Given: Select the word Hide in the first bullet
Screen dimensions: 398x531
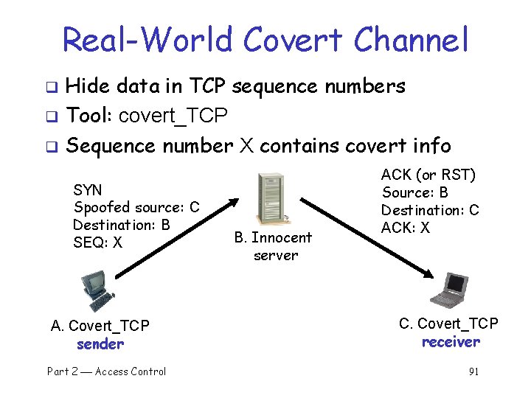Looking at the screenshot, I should pyautogui.click(x=88, y=86).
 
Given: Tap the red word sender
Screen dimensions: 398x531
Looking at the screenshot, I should pyautogui.click(x=100, y=344).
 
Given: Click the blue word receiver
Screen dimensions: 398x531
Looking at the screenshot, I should pyautogui.click(x=451, y=342).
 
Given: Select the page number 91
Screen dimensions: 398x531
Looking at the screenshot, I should pyautogui.click(x=473, y=371).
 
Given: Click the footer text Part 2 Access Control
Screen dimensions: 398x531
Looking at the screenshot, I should pyautogui.click(x=107, y=371).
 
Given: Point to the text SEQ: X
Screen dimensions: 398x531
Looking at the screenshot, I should pyautogui.click(x=98, y=242).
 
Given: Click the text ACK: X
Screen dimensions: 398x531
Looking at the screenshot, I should pyautogui.click(x=406, y=228).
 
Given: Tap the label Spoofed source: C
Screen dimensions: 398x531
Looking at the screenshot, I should pyautogui.click(x=136, y=207).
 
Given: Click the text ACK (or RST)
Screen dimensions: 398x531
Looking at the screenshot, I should pyautogui.click(x=428, y=175).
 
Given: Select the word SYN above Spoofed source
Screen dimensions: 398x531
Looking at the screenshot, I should pyautogui.click(x=88, y=190).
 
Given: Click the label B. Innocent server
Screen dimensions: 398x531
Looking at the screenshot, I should pyautogui.click(x=274, y=246).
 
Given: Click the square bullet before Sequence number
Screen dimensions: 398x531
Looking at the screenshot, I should pyautogui.click(x=52, y=147).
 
